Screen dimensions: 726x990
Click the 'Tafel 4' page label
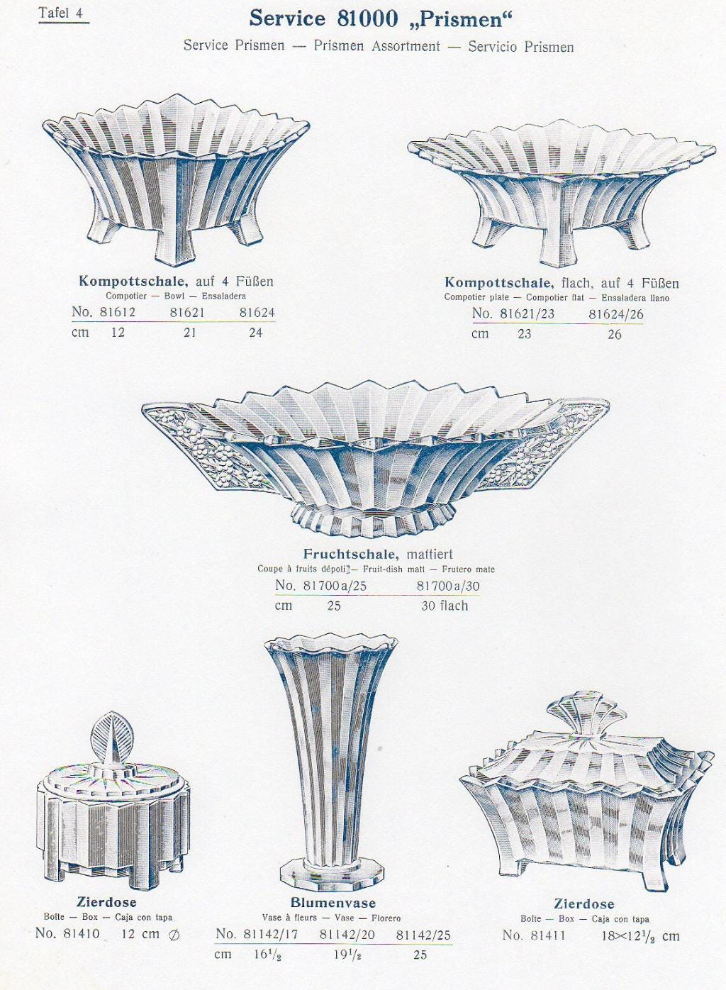coord(61,13)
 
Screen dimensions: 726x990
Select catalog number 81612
coord(118,313)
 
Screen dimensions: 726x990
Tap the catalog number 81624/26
coord(615,314)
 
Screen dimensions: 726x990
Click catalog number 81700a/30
coord(448,586)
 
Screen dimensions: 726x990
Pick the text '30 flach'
coord(444,606)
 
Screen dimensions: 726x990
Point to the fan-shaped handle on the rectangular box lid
coord(587,713)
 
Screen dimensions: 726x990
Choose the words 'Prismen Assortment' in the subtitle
coord(377,46)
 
